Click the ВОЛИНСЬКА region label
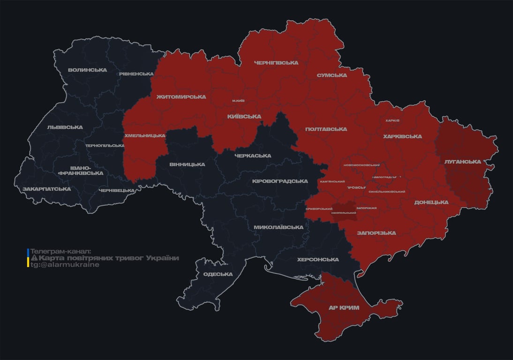pos(87,70)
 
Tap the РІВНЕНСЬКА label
pos(136,74)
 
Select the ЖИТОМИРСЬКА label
pos(181,97)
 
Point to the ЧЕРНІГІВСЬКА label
pos(276,63)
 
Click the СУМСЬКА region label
pos(332,75)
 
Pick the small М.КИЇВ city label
pos(238,101)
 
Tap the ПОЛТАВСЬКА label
pos(326,129)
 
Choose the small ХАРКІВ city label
pos(392,120)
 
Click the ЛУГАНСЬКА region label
pos(463,162)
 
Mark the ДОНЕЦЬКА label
pos(431,202)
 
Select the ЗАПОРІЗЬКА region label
pos(376,233)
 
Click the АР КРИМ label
pos(344,308)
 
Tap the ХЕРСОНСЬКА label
pos(318,260)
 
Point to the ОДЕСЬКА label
pos(218,275)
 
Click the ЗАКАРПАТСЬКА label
pos(47,189)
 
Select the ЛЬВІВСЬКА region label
pos(65,127)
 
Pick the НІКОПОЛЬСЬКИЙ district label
pos(343,213)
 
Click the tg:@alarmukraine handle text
pos(65,265)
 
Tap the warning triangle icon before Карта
pos(34,258)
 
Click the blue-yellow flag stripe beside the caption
pos(28,258)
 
